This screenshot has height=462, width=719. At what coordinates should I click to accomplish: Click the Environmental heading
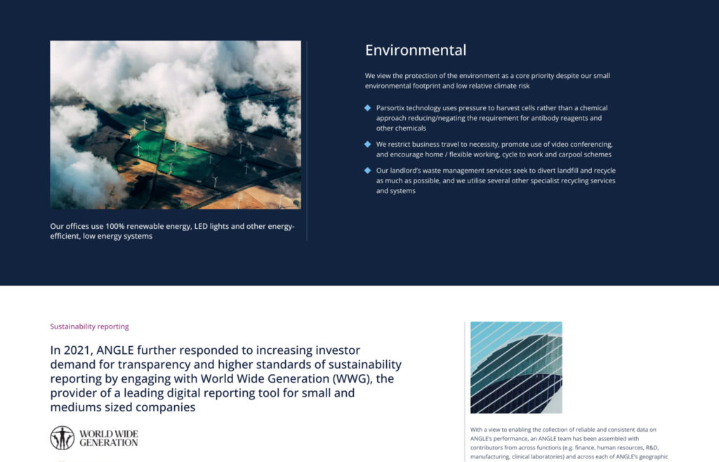click(416, 50)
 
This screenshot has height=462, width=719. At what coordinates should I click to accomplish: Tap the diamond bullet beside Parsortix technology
click(367, 108)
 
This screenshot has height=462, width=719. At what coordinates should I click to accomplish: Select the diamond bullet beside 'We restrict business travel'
click(367, 145)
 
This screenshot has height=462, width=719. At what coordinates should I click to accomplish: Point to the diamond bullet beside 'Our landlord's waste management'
click(367, 171)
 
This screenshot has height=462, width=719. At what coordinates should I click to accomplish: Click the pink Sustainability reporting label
click(89, 326)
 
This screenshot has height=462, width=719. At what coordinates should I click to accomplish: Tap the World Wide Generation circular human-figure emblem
click(62, 437)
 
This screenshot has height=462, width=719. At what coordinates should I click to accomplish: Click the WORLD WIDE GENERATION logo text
click(109, 438)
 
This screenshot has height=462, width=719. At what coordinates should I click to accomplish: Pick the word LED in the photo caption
click(201, 226)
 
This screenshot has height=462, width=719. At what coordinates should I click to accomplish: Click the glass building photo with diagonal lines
click(516, 368)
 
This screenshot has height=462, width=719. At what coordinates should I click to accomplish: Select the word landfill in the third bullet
click(567, 171)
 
